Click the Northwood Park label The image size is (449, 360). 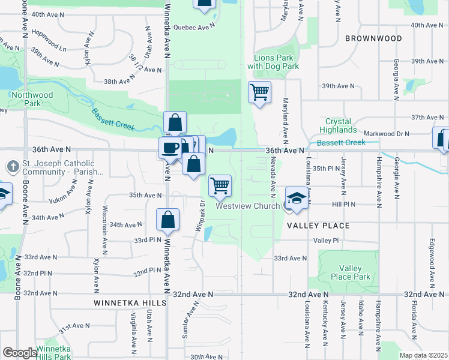pyautogui.click(x=31, y=99)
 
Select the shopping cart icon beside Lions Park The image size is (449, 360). pyautogui.click(x=259, y=92)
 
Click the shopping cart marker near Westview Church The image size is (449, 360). pyautogui.click(x=220, y=185)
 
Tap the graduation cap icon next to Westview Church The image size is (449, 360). pyautogui.click(x=297, y=197)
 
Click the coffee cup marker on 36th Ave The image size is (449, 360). pyautogui.click(x=170, y=148)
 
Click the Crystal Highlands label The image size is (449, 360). pyautogui.click(x=338, y=125)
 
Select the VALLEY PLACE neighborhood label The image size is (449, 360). pyautogui.click(x=318, y=226)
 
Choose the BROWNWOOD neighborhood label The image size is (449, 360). pyautogui.click(x=373, y=38)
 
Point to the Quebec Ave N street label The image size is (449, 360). pyautogui.click(x=194, y=27)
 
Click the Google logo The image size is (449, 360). pyautogui.click(x=20, y=353)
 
